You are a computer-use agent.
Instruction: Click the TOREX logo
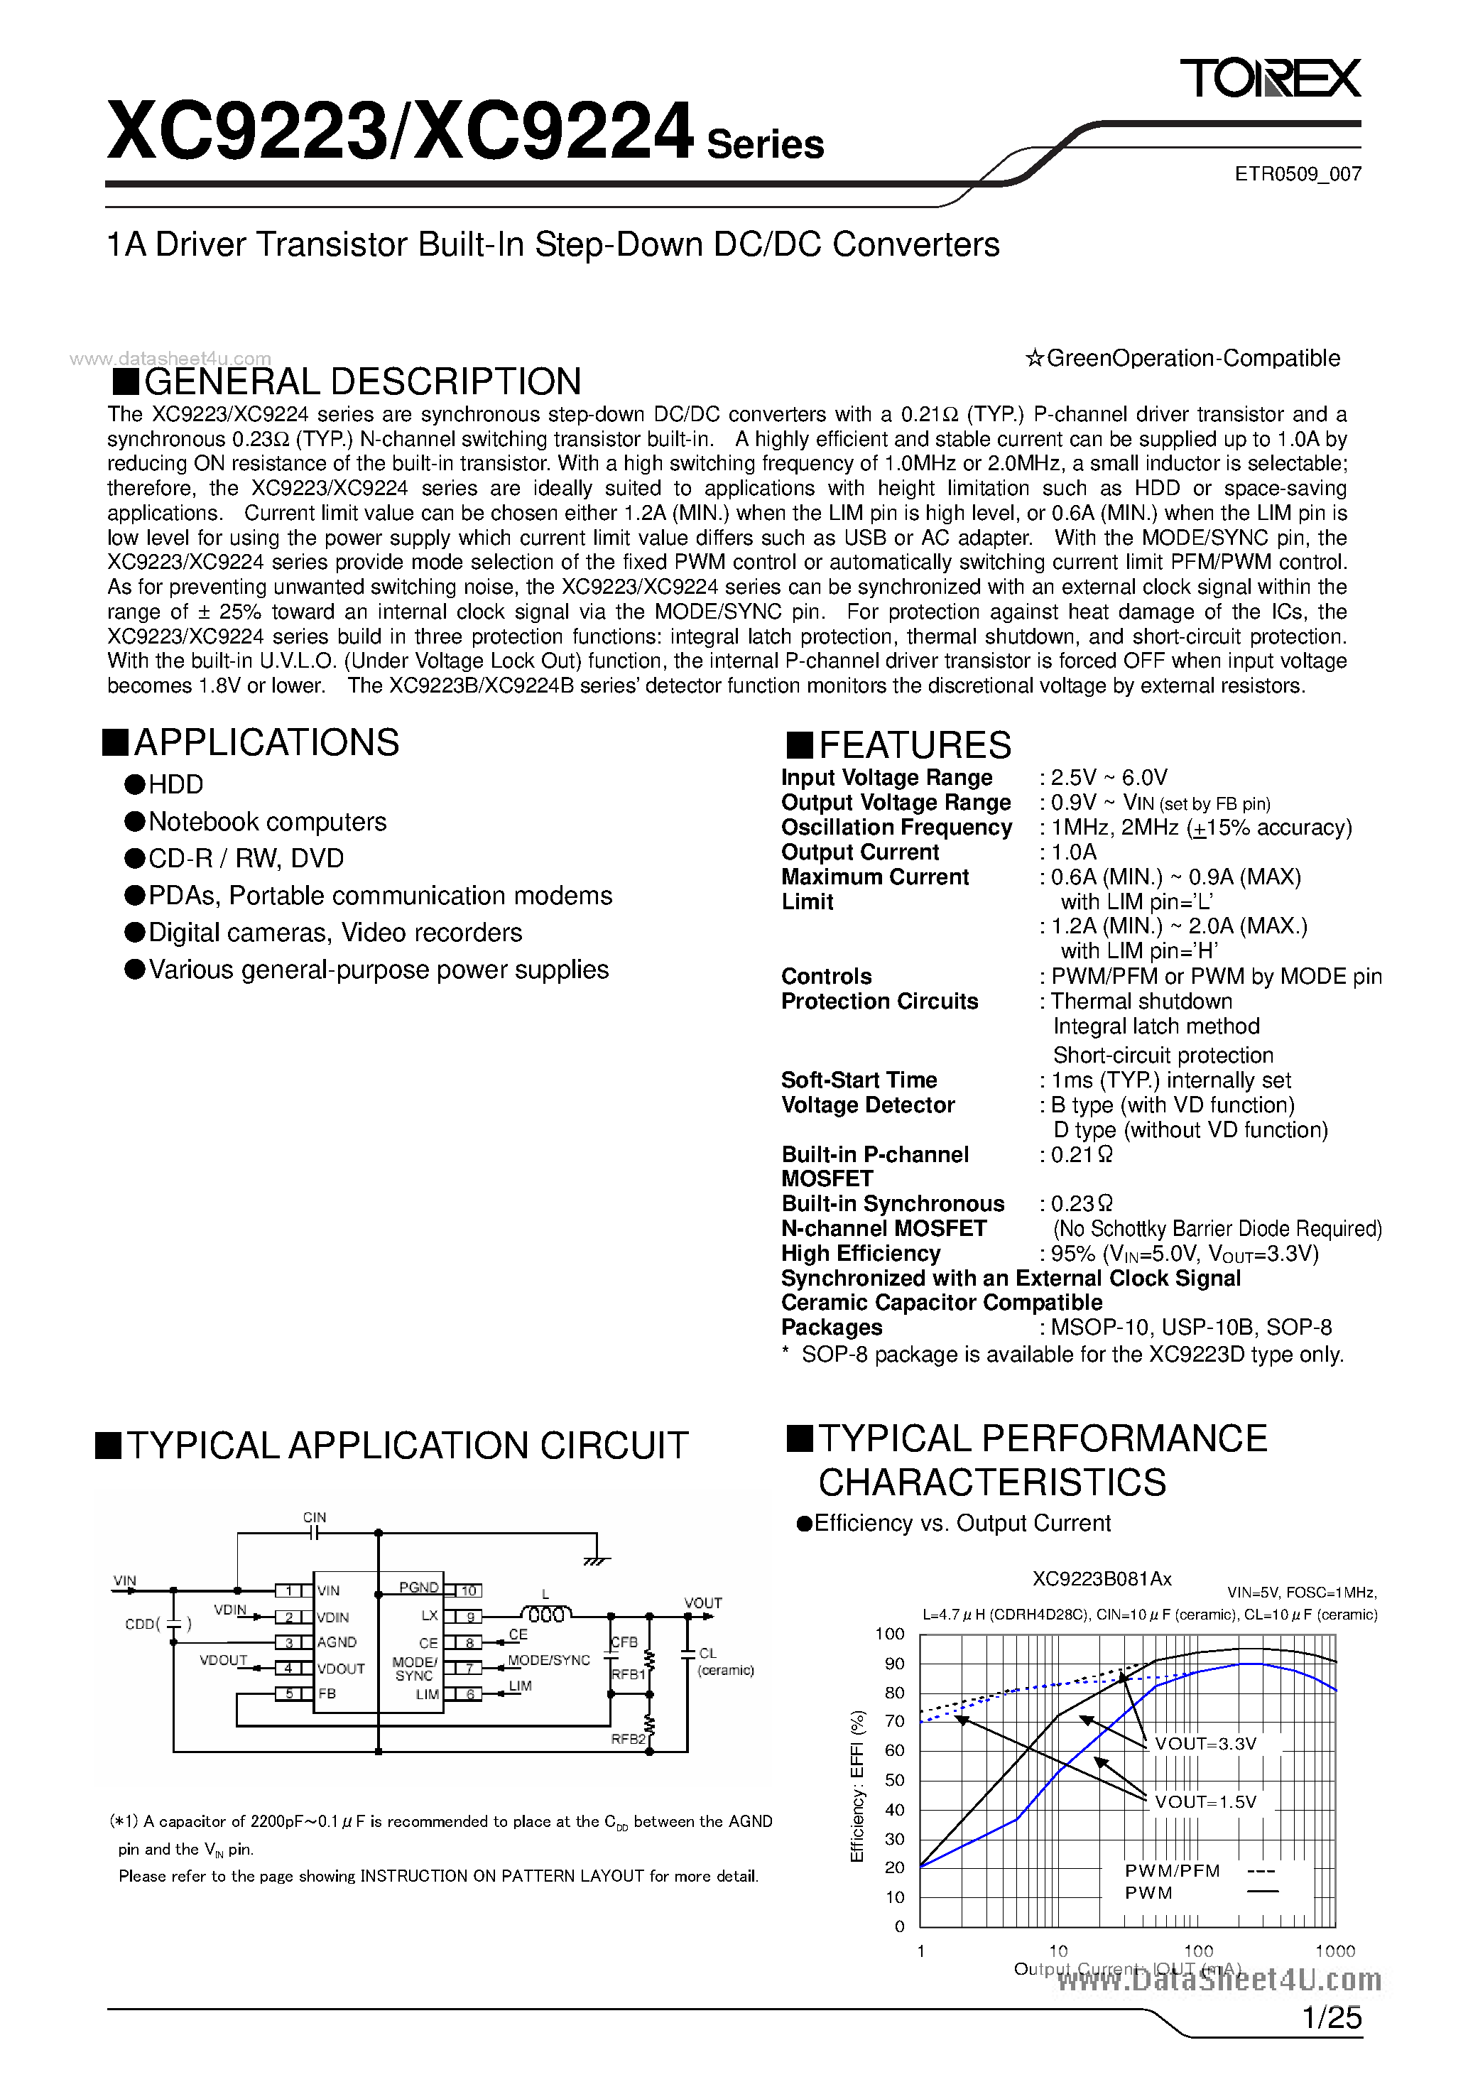click(x=1269, y=78)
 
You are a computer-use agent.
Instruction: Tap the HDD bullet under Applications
click(x=175, y=784)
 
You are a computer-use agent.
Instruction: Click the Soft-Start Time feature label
click(x=859, y=1080)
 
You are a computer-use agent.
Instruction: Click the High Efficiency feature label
click(x=860, y=1253)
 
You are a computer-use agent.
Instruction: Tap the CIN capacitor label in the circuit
click(x=315, y=1517)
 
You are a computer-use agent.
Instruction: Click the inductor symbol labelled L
click(x=545, y=1615)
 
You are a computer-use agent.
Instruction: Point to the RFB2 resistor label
click(x=628, y=1739)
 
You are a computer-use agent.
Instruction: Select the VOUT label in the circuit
click(x=703, y=1603)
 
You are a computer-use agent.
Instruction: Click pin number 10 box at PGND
click(x=469, y=1590)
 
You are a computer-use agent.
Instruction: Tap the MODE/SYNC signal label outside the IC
click(x=548, y=1660)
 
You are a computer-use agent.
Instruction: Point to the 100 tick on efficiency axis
click(x=889, y=1634)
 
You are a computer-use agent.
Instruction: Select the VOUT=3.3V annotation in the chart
click(x=1205, y=1743)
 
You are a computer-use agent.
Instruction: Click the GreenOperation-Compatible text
click(x=1183, y=358)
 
